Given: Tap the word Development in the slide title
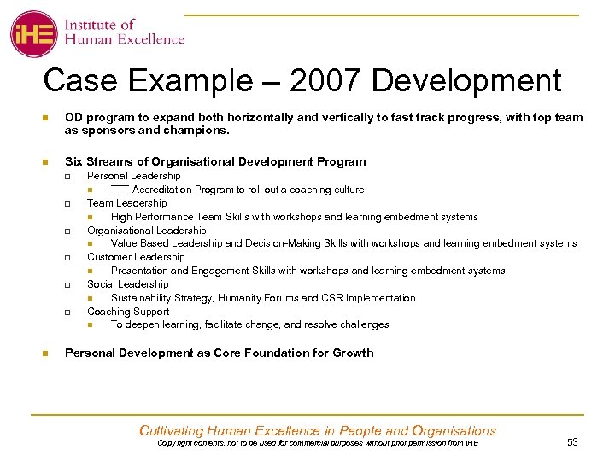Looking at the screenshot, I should click(466, 81).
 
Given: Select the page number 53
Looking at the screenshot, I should click(571, 442).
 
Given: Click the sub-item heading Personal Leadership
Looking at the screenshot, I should click(133, 176).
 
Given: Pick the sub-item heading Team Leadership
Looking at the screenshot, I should click(126, 203).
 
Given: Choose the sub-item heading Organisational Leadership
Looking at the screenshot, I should click(146, 230).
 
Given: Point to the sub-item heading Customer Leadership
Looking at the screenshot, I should click(135, 257).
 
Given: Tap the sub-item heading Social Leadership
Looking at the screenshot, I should click(127, 284).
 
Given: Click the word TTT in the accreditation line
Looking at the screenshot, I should click(120, 190).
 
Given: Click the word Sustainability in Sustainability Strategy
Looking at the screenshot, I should click(143, 298).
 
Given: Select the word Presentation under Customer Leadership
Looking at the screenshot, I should click(141, 271).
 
